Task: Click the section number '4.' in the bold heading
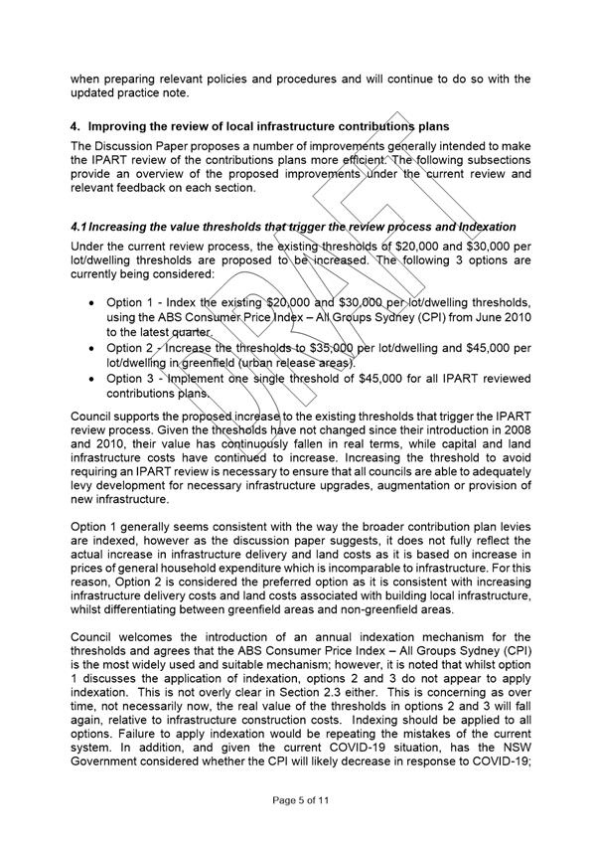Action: tap(74, 127)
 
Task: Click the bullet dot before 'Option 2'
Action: tap(92, 349)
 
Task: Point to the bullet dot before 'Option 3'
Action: tap(92, 378)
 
